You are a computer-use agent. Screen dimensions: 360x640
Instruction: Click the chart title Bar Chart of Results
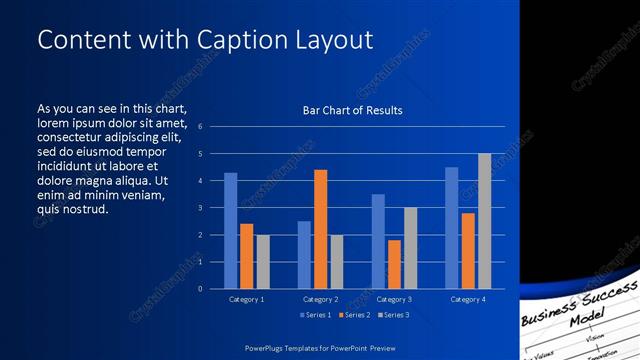click(x=352, y=110)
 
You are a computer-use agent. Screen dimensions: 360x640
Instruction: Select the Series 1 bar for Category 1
click(x=231, y=231)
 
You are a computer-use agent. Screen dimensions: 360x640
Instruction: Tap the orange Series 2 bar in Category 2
click(x=320, y=230)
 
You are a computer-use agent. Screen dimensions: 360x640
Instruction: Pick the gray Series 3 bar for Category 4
click(x=484, y=221)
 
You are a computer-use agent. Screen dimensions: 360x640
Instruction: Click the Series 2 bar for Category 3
click(x=394, y=264)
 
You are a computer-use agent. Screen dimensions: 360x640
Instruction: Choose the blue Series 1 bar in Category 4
click(x=451, y=228)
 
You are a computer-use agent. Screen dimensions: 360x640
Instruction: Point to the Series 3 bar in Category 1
click(x=263, y=262)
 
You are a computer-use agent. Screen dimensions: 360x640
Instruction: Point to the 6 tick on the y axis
click(x=201, y=127)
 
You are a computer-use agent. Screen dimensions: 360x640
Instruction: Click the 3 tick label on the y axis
click(x=201, y=208)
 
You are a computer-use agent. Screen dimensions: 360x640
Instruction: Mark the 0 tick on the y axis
click(x=201, y=289)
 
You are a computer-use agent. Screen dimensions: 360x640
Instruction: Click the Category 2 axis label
click(x=320, y=299)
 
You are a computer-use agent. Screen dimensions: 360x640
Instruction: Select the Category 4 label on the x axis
click(x=468, y=299)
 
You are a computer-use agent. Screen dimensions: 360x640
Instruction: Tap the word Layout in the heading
click(x=331, y=39)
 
